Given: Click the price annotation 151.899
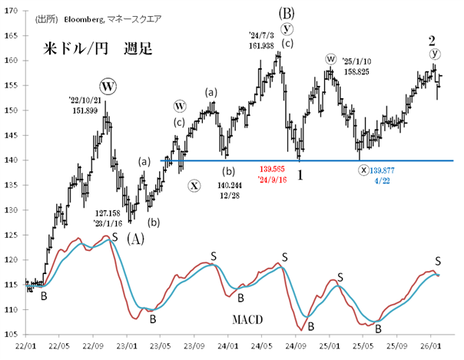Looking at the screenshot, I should click(85, 110).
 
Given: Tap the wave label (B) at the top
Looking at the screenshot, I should click(286, 13).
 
